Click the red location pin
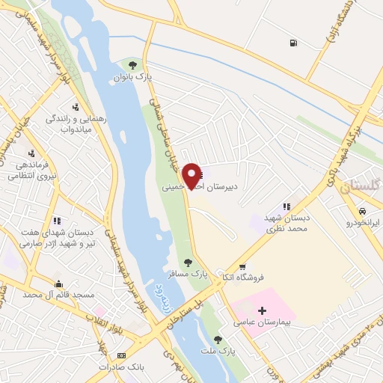[x=192, y=175]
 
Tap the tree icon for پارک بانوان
[x=133, y=64]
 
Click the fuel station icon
[x=291, y=43]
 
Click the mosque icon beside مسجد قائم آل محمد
[x=58, y=284]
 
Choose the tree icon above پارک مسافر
[x=189, y=263]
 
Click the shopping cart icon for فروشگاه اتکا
[x=242, y=267]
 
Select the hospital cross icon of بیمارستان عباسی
[x=262, y=310]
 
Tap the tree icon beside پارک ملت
[x=218, y=340]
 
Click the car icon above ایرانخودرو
[x=363, y=211]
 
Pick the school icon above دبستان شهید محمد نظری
[x=286, y=206]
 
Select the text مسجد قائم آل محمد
[x=59, y=295]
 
